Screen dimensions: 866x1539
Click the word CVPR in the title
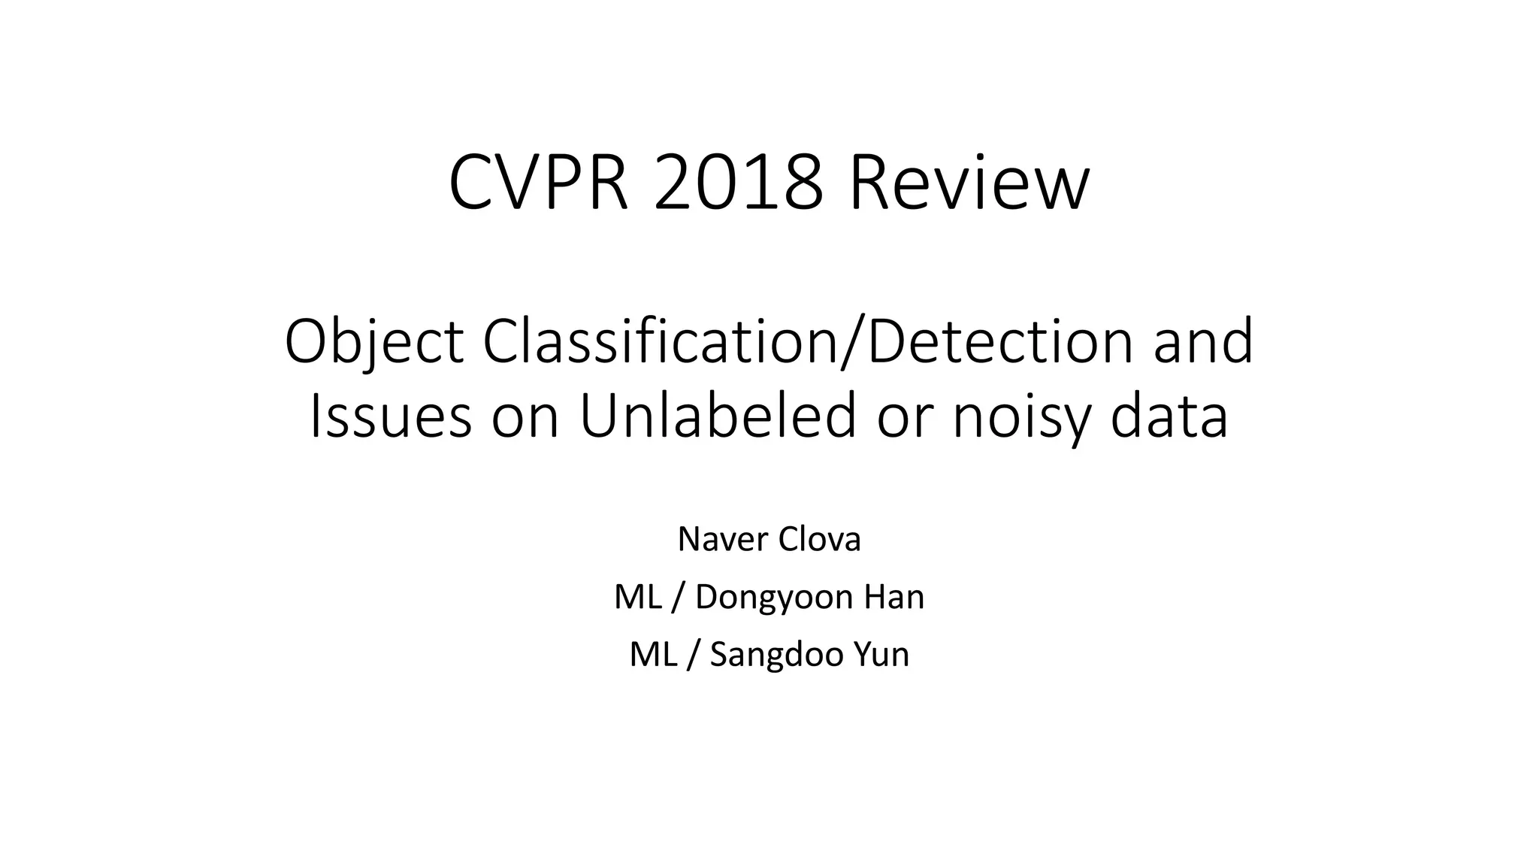click(538, 183)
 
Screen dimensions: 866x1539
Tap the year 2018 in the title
click(738, 183)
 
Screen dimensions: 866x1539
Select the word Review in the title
click(969, 183)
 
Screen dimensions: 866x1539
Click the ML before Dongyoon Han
click(637, 597)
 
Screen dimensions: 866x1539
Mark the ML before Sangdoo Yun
click(652, 655)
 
